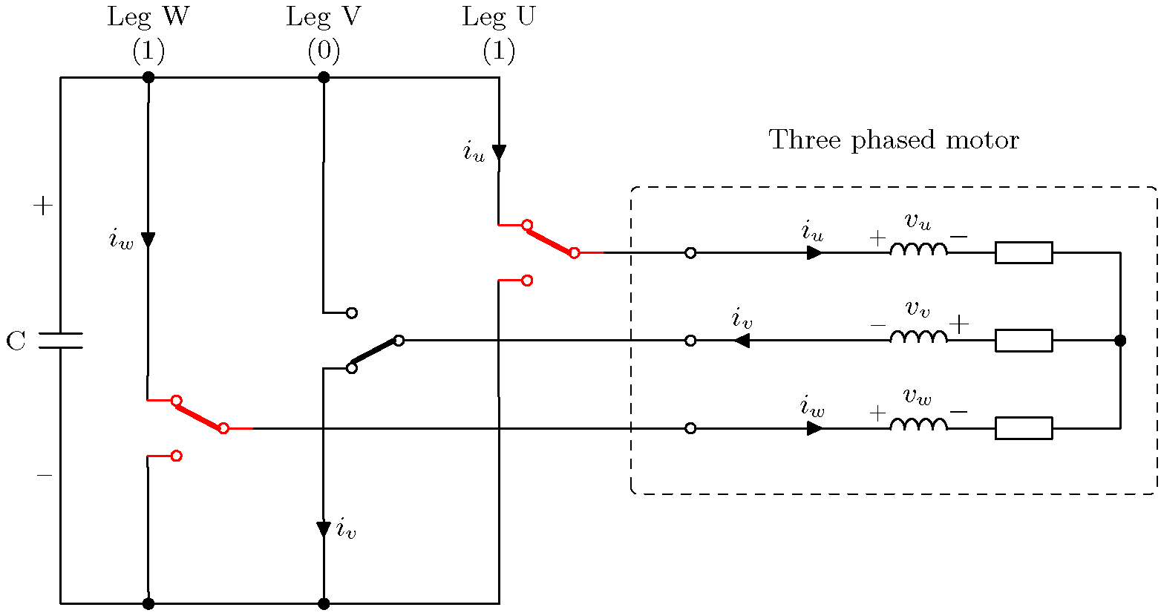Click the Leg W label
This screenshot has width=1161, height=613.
point(148,17)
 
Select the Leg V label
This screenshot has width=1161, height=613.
point(324,17)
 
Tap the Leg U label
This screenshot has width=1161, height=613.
point(498,17)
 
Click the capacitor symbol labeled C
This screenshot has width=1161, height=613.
point(60,341)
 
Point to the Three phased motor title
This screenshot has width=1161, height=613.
point(894,140)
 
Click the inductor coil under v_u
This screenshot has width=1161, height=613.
point(918,249)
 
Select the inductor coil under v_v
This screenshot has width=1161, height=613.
point(918,337)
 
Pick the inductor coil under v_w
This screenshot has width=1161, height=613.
point(918,424)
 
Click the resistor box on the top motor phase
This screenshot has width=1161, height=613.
point(1023,252)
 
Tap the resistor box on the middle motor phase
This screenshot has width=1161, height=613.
point(1023,341)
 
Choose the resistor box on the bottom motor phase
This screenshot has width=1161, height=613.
point(1023,428)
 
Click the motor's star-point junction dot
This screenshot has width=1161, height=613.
point(1120,341)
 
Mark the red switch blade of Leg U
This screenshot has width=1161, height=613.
point(550,239)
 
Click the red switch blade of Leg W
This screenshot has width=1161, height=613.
point(200,414)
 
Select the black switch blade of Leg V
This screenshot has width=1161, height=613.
point(375,354)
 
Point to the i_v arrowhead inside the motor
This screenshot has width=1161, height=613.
point(741,341)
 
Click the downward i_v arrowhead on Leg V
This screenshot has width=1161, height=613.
point(324,529)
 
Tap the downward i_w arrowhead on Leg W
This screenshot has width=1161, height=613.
point(148,240)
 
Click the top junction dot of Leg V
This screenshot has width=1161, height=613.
point(324,77)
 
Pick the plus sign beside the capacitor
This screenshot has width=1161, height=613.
point(43,206)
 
